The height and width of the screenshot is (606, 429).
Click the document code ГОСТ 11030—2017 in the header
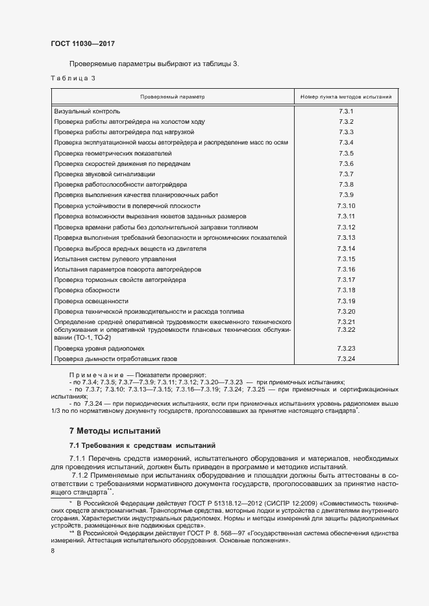pyautogui.click(x=83, y=43)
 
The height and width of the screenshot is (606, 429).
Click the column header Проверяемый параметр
pyautogui.click(x=173, y=97)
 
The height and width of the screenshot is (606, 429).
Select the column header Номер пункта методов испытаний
pyautogui.click(x=345, y=97)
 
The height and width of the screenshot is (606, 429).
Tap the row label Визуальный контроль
pyautogui.click(x=87, y=111)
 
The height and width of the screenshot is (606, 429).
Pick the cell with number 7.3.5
pyautogui.click(x=345, y=153)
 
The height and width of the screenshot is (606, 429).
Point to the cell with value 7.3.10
pyautogui.click(x=346, y=205)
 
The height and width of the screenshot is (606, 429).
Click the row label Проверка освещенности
pyautogui.click(x=91, y=301)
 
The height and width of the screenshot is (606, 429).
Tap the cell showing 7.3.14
pyautogui.click(x=346, y=248)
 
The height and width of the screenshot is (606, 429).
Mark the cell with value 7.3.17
pyautogui.click(x=346, y=280)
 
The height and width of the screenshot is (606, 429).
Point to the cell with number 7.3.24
pyautogui.click(x=346, y=358)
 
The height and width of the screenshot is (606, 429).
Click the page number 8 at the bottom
pyautogui.click(x=53, y=550)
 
